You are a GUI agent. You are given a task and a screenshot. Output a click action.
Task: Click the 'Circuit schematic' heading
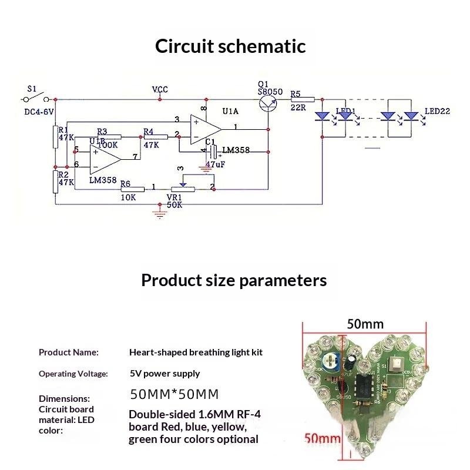click(x=230, y=46)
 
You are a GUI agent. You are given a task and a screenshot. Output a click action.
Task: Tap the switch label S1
click(x=32, y=89)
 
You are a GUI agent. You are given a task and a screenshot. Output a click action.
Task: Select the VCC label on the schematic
click(x=160, y=89)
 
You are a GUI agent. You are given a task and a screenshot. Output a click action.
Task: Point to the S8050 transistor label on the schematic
click(x=270, y=92)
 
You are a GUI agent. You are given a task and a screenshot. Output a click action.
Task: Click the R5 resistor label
click(x=295, y=93)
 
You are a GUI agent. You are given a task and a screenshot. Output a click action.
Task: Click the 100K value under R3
click(x=108, y=144)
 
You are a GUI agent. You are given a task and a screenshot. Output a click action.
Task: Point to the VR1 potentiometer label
click(x=174, y=197)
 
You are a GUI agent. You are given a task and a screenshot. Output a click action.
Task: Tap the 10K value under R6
click(x=128, y=197)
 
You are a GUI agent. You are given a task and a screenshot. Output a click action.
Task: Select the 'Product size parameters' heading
click(x=234, y=280)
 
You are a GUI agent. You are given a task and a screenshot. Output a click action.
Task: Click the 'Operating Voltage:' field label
click(x=73, y=374)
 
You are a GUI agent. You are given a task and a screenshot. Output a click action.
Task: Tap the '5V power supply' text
click(x=165, y=374)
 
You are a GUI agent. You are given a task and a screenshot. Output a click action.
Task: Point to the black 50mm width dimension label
click(x=365, y=324)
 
